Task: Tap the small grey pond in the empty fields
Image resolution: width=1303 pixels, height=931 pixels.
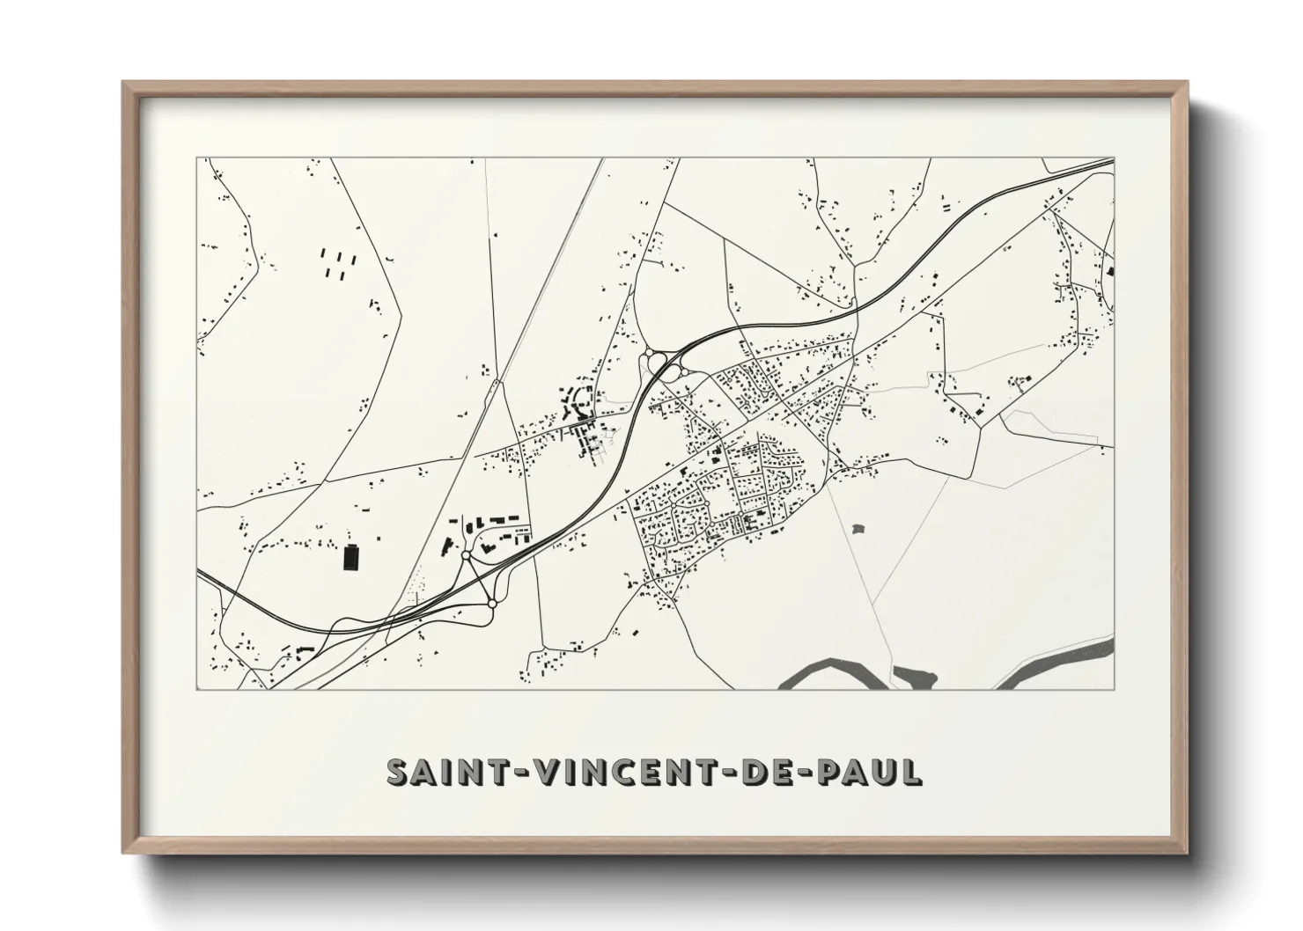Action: tap(858, 529)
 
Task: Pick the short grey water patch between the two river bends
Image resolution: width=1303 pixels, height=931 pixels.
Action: tap(916, 677)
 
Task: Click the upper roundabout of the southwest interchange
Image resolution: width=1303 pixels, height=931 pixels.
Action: tap(466, 556)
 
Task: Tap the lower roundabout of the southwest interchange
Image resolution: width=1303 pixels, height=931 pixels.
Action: tap(492, 603)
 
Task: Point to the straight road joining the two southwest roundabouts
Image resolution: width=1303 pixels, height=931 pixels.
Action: tap(479, 580)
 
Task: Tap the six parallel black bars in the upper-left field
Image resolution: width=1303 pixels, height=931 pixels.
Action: tap(337, 263)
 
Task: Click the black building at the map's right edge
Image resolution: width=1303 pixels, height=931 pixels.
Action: tap(1111, 272)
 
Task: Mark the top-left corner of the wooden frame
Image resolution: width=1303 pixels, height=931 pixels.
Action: tap(125, 84)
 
